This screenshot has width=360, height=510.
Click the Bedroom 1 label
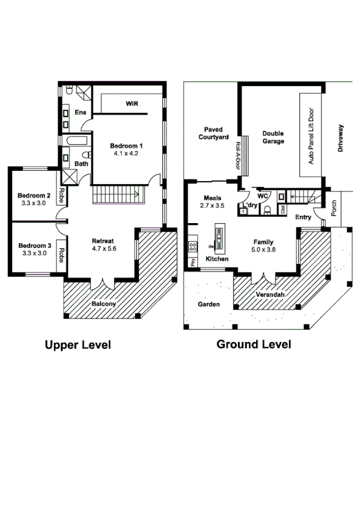click(126, 146)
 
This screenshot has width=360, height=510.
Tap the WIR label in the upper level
click(132, 103)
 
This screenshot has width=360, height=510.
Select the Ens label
click(80, 112)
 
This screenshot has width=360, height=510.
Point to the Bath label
click(81, 163)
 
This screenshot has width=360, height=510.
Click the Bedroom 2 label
click(34, 195)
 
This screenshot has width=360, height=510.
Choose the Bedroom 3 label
click(34, 245)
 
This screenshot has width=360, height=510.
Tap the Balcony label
click(103, 304)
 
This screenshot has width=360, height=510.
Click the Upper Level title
click(78, 345)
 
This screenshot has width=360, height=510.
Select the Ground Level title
click(254, 345)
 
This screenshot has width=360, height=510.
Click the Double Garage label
click(273, 137)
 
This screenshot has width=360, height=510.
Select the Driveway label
click(340, 140)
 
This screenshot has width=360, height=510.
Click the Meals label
click(212, 198)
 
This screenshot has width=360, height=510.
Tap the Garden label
click(209, 304)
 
